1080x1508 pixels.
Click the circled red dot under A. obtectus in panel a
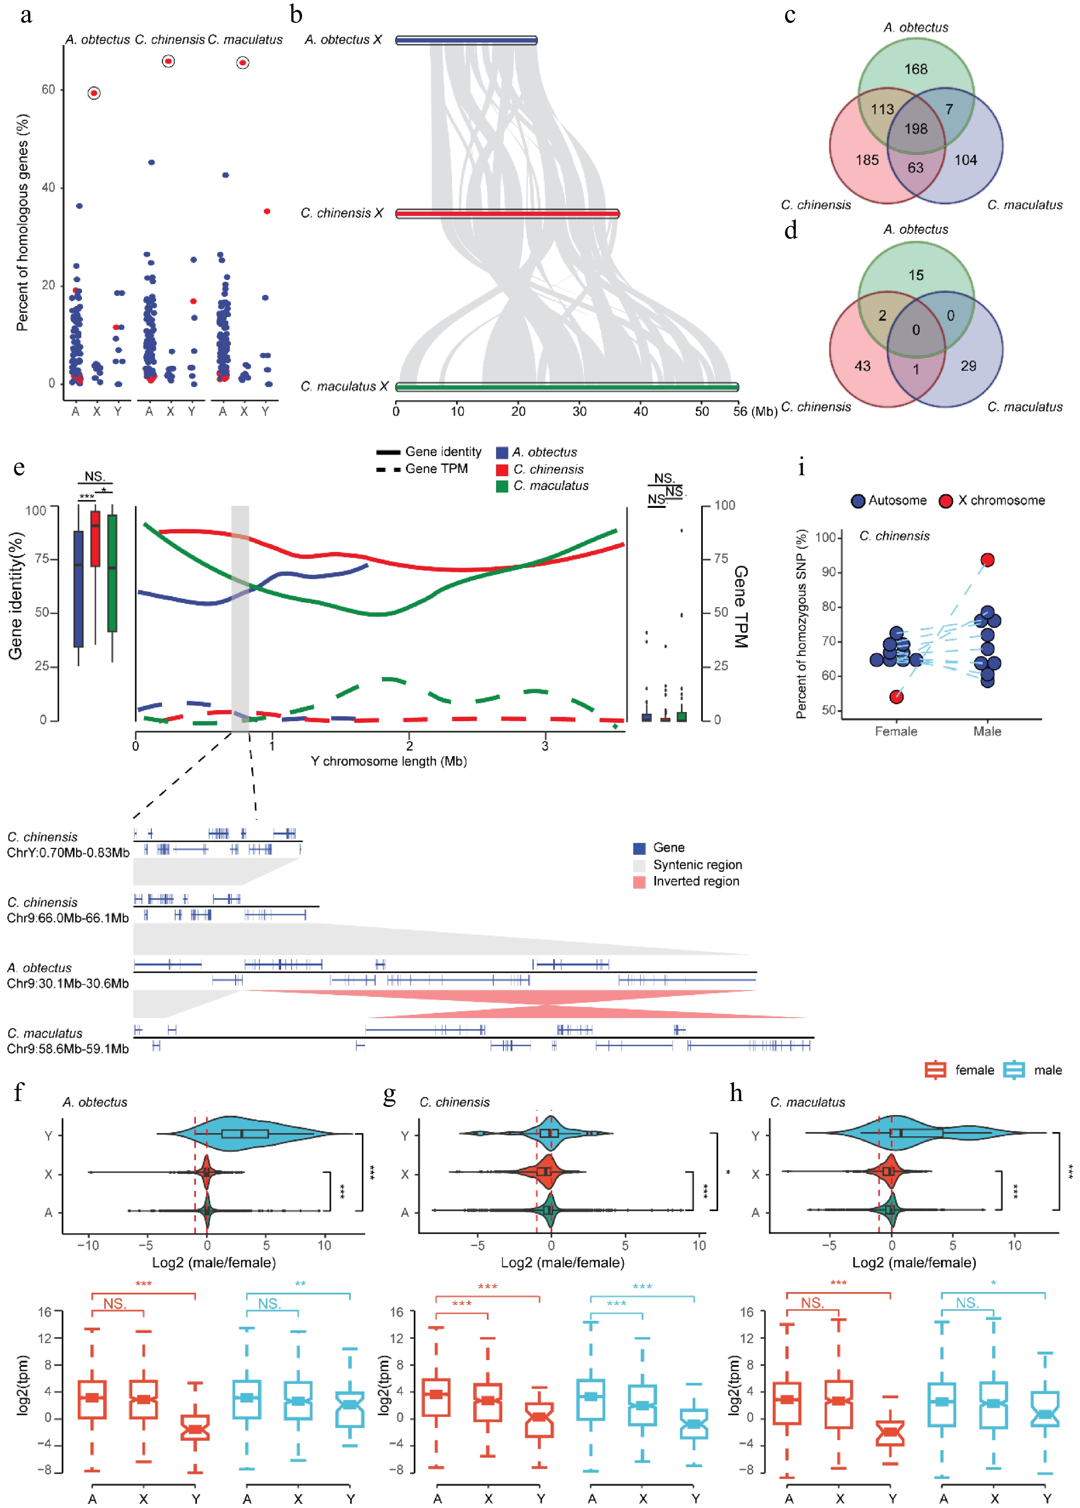click(94, 93)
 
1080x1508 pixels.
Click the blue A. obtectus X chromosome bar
click(466, 41)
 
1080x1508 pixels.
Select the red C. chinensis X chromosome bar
click(508, 213)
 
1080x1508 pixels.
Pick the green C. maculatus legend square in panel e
click(502, 486)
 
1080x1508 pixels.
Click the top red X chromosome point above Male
click(988, 560)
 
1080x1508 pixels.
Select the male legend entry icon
click(1013, 1070)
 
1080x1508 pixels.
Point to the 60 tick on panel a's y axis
click(49, 89)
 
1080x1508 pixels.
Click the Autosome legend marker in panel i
click(858, 501)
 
